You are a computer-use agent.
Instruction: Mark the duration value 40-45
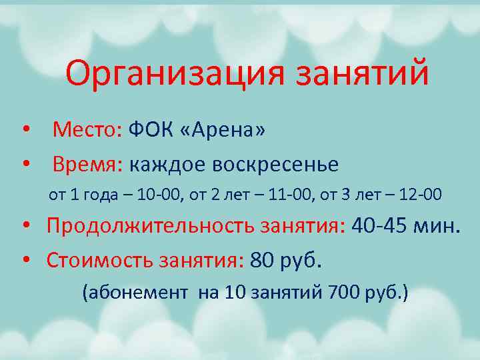[381, 227]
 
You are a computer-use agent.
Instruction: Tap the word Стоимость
[100, 260]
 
